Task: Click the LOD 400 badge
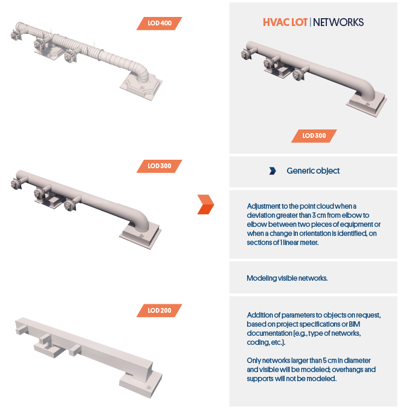160,24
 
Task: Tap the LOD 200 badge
160,310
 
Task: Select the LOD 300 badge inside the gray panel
314,136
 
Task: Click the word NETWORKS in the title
338,22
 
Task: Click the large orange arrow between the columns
205,204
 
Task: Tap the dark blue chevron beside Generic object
273,171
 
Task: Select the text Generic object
313,171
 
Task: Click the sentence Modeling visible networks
287,278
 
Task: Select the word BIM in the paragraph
355,324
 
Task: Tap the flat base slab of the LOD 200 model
141,385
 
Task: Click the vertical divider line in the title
310,22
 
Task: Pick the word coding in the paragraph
256,342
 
